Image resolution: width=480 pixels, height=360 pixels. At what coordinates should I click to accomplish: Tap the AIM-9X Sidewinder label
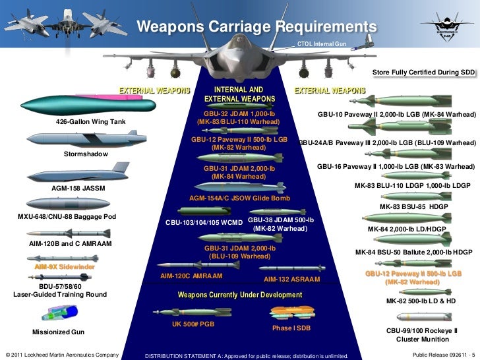coord(65,267)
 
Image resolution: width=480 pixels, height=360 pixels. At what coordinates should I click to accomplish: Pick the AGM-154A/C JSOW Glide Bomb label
coord(239,198)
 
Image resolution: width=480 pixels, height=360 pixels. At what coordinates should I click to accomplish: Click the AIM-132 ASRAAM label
coord(291,280)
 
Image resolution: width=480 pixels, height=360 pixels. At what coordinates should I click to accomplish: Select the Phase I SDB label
coord(291,328)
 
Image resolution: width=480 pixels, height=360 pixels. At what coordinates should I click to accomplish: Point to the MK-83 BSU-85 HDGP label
coord(413,207)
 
